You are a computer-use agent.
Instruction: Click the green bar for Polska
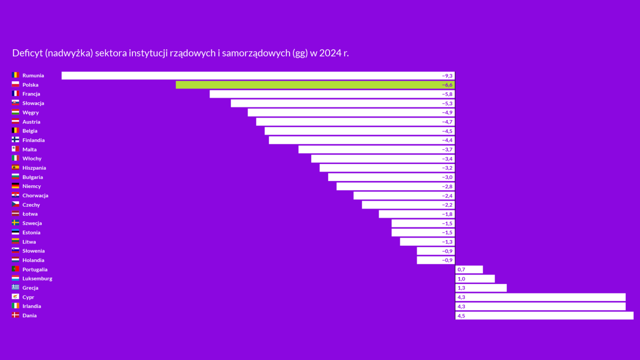pyautogui.click(x=315, y=85)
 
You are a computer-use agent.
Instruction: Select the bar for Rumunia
pyautogui.click(x=258, y=76)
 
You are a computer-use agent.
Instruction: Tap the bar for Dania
pyautogui.click(x=544, y=316)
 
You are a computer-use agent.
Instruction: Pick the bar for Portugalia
pyautogui.click(x=469, y=269)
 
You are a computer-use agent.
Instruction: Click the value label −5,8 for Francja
pyautogui.click(x=447, y=94)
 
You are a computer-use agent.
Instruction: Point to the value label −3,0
pyautogui.click(x=447, y=177)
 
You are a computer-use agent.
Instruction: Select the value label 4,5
pyautogui.click(x=461, y=316)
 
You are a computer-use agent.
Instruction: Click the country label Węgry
pyautogui.click(x=31, y=112)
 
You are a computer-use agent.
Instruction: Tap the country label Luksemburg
pyautogui.click(x=37, y=279)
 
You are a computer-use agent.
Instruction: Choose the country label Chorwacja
pyautogui.click(x=36, y=196)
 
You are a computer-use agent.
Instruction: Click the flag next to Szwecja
pyautogui.click(x=16, y=223)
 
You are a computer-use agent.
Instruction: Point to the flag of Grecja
pyautogui.click(x=16, y=288)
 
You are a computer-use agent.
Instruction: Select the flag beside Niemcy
pyautogui.click(x=16, y=186)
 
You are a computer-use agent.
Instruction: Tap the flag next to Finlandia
pyautogui.click(x=16, y=140)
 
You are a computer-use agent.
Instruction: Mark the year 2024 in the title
pyautogui.click(x=330, y=53)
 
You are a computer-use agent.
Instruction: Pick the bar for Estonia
pyautogui.click(x=423, y=232)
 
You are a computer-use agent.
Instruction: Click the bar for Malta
pyautogui.click(x=376, y=149)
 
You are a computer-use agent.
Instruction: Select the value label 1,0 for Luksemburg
pyautogui.click(x=461, y=279)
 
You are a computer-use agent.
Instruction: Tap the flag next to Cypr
pyautogui.click(x=16, y=297)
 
